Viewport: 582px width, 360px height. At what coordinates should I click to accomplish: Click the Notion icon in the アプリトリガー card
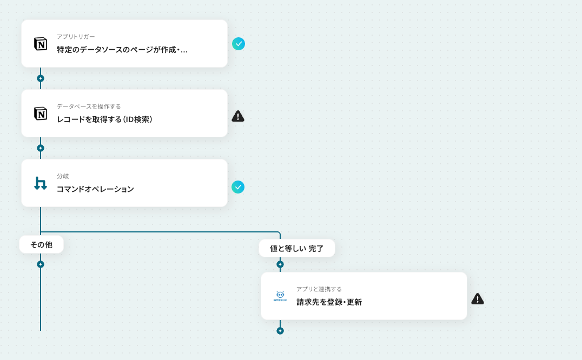tap(41, 44)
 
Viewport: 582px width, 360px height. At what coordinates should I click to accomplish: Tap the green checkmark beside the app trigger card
tap(239, 44)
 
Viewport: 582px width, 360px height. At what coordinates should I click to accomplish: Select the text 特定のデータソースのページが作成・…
tap(122, 50)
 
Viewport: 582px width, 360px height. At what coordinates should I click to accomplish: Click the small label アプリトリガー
tap(76, 37)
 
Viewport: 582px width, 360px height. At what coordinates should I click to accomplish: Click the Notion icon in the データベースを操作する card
tap(41, 114)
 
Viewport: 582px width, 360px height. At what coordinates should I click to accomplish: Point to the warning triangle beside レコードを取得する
tap(238, 116)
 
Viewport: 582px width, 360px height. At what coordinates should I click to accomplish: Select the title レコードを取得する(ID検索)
tap(105, 119)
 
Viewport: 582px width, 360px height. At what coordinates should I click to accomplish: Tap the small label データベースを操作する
tap(89, 106)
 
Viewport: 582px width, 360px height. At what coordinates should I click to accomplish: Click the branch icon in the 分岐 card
tap(41, 183)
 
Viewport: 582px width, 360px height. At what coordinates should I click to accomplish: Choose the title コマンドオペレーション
tap(95, 189)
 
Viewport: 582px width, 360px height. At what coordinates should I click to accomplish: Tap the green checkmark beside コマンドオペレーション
tap(238, 187)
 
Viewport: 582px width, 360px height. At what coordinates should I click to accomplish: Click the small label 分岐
tap(63, 176)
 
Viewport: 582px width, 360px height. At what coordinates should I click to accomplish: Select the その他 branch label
tap(41, 245)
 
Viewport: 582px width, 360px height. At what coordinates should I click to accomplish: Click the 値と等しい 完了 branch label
tap(296, 249)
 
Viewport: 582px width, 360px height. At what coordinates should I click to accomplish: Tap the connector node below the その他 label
tap(41, 264)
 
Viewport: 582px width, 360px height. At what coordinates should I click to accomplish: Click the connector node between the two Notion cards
tap(41, 78)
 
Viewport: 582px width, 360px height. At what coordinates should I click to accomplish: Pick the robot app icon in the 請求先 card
tap(280, 296)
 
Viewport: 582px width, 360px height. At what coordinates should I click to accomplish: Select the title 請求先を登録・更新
tap(329, 302)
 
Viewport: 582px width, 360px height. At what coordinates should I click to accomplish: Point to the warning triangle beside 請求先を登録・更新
tap(477, 298)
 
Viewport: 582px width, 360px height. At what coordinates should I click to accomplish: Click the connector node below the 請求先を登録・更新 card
tap(280, 331)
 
